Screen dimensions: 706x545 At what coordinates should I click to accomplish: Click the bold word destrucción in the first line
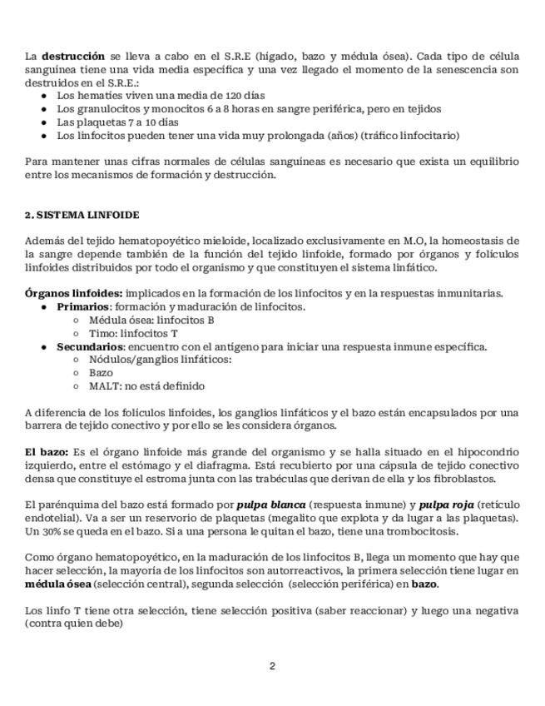pyautogui.click(x=73, y=56)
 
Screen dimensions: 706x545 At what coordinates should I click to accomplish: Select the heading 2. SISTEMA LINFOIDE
pyautogui.click(x=82, y=215)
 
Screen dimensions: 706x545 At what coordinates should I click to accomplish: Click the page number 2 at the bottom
pyautogui.click(x=272, y=665)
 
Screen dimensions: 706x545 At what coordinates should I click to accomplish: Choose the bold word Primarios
pyautogui.click(x=82, y=306)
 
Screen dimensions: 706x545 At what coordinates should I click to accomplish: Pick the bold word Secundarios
pyautogui.click(x=89, y=346)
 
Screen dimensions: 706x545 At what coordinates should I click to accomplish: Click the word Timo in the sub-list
pyautogui.click(x=102, y=333)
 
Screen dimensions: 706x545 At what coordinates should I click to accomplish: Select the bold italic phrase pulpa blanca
pyautogui.click(x=270, y=505)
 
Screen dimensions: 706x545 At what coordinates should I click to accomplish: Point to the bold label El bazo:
pyautogui.click(x=47, y=452)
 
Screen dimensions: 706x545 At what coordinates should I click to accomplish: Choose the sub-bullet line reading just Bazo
pyautogui.click(x=101, y=373)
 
